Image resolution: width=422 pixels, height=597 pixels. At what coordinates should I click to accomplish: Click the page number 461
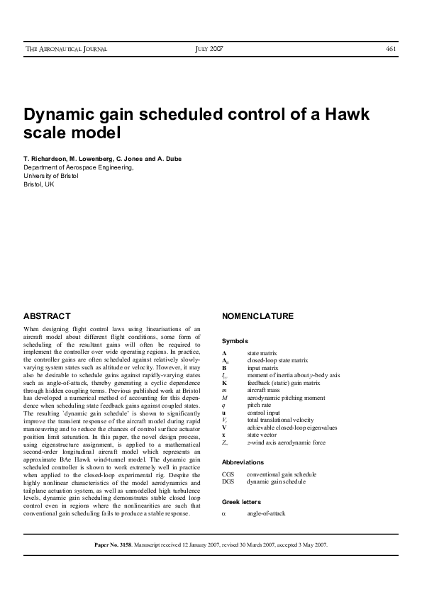(x=390, y=49)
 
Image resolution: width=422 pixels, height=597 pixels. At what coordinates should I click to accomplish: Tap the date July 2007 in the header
(x=209, y=49)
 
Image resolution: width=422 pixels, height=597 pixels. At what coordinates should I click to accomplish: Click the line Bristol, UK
(x=39, y=184)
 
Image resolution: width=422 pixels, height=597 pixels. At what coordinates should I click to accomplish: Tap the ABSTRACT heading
(x=47, y=316)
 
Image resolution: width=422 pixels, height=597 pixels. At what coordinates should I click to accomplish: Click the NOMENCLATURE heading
(x=257, y=316)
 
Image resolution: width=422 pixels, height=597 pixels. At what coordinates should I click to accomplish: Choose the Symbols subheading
(x=235, y=341)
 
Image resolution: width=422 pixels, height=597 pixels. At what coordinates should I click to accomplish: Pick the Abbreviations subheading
(x=242, y=462)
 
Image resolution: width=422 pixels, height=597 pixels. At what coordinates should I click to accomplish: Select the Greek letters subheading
(x=242, y=501)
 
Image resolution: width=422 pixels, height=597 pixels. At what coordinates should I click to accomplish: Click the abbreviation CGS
(x=228, y=474)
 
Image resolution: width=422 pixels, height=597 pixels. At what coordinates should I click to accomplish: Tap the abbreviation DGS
(x=228, y=481)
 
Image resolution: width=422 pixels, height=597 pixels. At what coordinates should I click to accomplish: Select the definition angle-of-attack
(x=266, y=513)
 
